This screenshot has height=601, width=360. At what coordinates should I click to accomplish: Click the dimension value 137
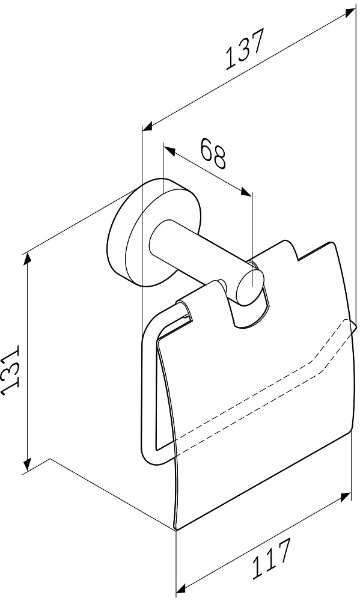[245, 50]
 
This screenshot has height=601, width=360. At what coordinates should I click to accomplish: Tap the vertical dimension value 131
[10, 370]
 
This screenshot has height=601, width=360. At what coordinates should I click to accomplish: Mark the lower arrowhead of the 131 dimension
[27, 464]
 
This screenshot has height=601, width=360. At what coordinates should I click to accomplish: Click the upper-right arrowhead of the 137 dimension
[349, 13]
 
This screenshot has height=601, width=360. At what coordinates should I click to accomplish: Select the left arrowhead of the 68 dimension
[169, 150]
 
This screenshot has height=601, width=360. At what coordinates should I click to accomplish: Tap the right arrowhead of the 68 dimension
[246, 192]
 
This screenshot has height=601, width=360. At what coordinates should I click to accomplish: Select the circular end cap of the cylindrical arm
[249, 287]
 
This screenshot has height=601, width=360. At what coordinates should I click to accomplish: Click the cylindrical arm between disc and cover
[200, 253]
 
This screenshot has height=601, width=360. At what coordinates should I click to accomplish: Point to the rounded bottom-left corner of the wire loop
[150, 459]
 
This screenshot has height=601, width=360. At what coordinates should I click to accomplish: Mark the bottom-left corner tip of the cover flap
[175, 529]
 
